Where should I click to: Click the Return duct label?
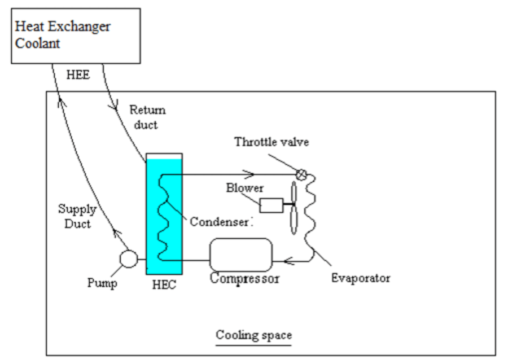click(147, 116)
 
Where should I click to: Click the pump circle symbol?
click(129, 260)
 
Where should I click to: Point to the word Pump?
click(102, 283)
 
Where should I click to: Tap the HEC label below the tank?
click(164, 285)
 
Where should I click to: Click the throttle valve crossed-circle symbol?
click(302, 174)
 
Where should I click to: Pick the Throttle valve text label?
click(272, 142)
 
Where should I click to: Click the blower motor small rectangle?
click(271, 205)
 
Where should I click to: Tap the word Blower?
click(245, 188)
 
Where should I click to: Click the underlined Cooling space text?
click(253, 336)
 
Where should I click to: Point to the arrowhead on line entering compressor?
click(287, 261)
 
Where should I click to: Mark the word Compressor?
click(245, 279)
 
